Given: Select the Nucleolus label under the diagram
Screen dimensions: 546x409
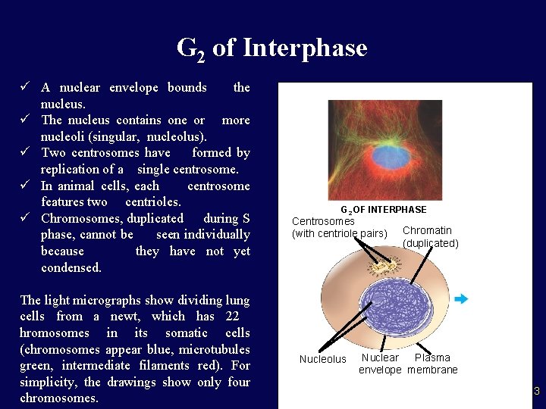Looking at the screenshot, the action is (x=322, y=360).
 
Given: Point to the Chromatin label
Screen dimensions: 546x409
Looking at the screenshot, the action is (x=427, y=230).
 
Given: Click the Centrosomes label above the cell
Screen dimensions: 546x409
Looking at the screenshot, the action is (x=323, y=221).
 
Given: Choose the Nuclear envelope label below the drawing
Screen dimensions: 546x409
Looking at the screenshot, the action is (x=380, y=364).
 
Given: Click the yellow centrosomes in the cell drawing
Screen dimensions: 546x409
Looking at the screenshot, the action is (x=381, y=265).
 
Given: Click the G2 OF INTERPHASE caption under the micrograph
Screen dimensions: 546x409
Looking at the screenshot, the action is (x=383, y=209).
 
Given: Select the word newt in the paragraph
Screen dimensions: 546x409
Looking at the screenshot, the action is (x=127, y=317).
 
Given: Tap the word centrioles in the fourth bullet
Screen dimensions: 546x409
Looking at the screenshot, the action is (x=154, y=202).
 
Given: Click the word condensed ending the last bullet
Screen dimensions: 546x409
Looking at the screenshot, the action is (x=71, y=268).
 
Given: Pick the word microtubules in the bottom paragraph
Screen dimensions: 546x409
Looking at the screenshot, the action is (x=215, y=349).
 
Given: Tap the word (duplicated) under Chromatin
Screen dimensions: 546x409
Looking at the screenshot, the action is (x=430, y=244).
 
